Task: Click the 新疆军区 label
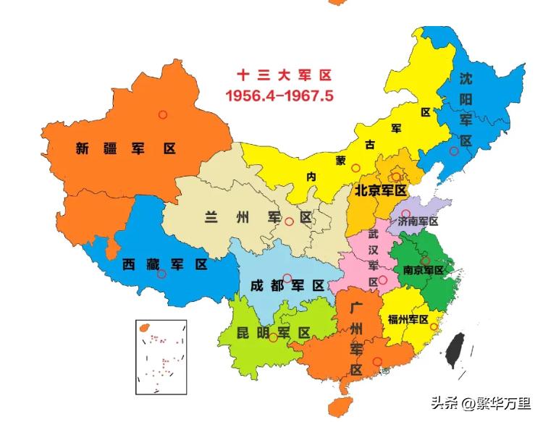126,148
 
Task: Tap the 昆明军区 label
274,333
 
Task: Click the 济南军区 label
418,221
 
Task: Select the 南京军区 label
423,270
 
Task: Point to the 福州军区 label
408,318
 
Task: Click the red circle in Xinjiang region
163,114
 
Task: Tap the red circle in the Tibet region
161,274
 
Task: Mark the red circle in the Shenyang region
454,151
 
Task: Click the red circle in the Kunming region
273,338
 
